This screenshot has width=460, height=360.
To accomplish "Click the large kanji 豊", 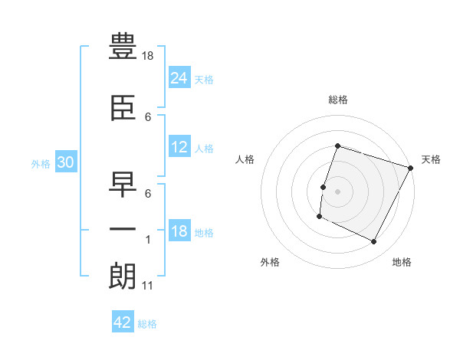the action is (x=123, y=46).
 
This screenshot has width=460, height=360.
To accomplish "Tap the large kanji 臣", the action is (x=123, y=108).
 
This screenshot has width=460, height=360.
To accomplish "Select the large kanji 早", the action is (x=123, y=185).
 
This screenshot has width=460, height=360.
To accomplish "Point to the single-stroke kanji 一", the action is (x=123, y=229).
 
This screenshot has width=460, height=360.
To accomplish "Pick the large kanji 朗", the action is (x=123, y=276).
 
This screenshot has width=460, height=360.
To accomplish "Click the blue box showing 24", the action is (x=179, y=77).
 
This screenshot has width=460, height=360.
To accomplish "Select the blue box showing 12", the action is (x=179, y=146).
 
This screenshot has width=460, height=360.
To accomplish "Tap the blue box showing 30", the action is (x=66, y=162).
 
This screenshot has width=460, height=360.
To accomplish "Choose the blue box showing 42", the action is (x=123, y=321).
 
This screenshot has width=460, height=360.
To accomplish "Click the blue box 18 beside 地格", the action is (x=179, y=230).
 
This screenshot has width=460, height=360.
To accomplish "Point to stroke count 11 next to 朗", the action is (x=147, y=286).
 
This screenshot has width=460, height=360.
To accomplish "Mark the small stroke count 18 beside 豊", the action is (x=147, y=56).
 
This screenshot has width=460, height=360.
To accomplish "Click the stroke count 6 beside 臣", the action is (x=148, y=117).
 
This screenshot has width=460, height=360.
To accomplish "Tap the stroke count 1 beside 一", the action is (x=148, y=240).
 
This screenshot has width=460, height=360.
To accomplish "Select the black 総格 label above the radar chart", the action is (x=338, y=100).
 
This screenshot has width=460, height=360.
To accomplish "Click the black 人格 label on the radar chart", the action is (x=245, y=159).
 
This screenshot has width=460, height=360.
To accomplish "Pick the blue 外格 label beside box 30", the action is (x=41, y=164).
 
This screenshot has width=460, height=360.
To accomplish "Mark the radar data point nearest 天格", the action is (x=410, y=168).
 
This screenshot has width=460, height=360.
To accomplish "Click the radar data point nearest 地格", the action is (x=373, y=241).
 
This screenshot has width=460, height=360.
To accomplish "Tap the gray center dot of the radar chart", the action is (x=337, y=191).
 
